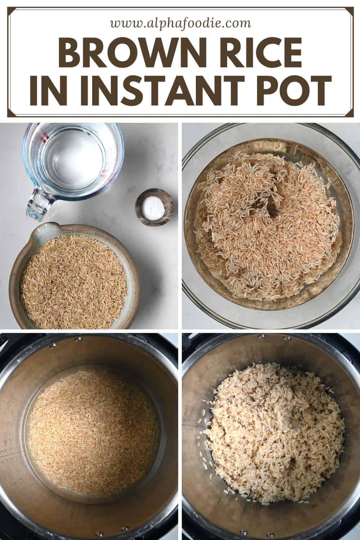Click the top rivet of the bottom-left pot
click(77, 340)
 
